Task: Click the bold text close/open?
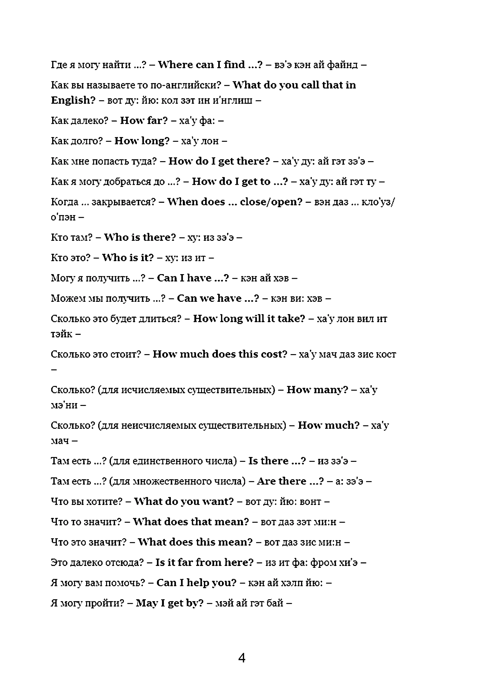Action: tap(271, 202)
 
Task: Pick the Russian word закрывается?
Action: tap(124, 202)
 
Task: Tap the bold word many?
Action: tap(334, 390)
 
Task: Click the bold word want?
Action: tap(218, 502)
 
